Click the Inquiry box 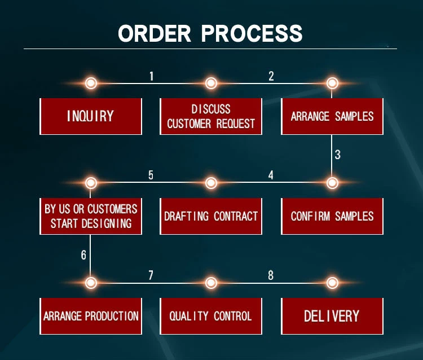coord(90,116)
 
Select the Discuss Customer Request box coord(211,116)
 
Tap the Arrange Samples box coord(332,116)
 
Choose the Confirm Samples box coord(332,216)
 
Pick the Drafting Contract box coord(211,216)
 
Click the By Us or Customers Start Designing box coord(90,216)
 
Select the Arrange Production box coord(90,316)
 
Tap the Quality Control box coord(211,316)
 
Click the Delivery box coord(332,316)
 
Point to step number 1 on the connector coord(151,76)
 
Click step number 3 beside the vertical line coord(337,155)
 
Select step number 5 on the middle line coord(151,175)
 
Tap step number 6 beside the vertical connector coord(83,255)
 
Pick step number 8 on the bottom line coord(271,275)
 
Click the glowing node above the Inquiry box coord(91,84)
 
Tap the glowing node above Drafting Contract coord(211,183)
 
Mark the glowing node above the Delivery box coord(332,283)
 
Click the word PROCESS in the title coord(252,33)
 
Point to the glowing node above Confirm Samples coord(332,183)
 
